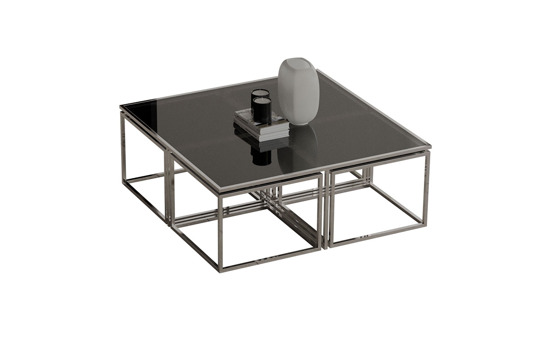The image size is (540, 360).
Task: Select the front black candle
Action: click(262, 110)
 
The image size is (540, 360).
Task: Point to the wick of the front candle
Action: click(261, 99)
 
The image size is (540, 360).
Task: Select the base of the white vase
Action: click(301, 122)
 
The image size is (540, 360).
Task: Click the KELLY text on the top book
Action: click(243, 111)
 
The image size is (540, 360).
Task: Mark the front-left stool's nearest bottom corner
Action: click(221, 269)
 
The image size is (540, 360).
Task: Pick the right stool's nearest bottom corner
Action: click(330, 246)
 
